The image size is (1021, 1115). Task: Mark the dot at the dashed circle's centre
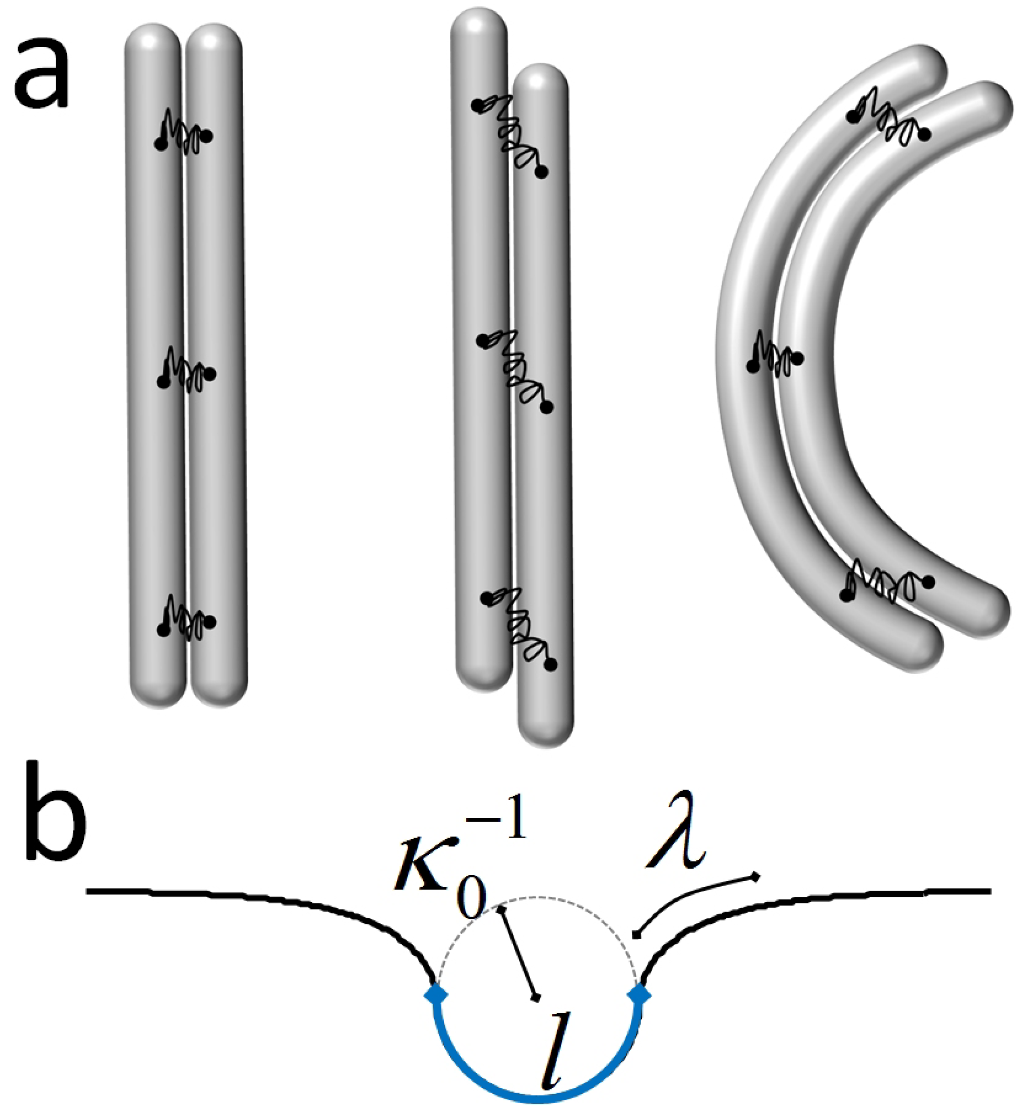(535, 997)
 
